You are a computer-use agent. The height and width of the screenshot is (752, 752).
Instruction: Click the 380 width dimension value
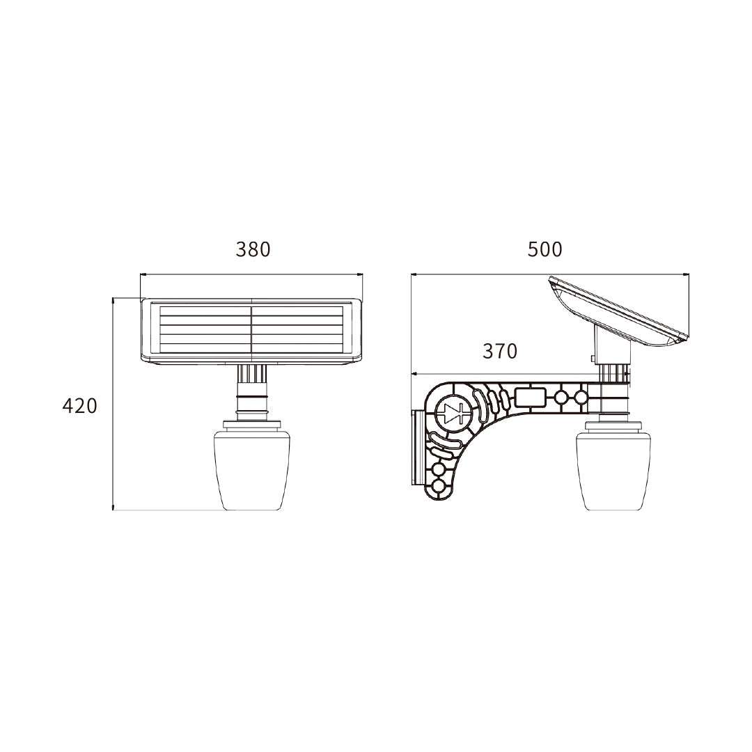tap(252, 249)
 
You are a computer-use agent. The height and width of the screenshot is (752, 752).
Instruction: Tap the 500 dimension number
tap(545, 249)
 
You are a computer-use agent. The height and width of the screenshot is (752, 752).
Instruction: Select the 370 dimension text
tap(500, 352)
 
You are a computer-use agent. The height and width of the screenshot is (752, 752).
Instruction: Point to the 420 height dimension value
tap(80, 406)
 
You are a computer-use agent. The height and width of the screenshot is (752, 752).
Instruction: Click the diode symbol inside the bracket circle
tap(455, 414)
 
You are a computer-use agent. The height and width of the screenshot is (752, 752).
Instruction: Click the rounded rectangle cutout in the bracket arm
tap(530, 398)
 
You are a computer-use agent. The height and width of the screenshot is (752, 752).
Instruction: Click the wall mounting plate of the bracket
tap(416, 447)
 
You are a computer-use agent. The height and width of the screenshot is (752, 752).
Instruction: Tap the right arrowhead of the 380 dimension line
tap(361, 274)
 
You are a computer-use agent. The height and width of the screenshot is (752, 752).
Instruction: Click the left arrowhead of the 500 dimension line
tap(413, 274)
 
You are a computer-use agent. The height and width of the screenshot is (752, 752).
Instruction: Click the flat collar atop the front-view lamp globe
tap(252, 425)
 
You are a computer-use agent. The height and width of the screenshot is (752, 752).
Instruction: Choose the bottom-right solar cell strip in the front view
tap(298, 345)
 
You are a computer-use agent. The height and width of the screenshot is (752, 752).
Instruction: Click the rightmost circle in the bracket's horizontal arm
tap(580, 398)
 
